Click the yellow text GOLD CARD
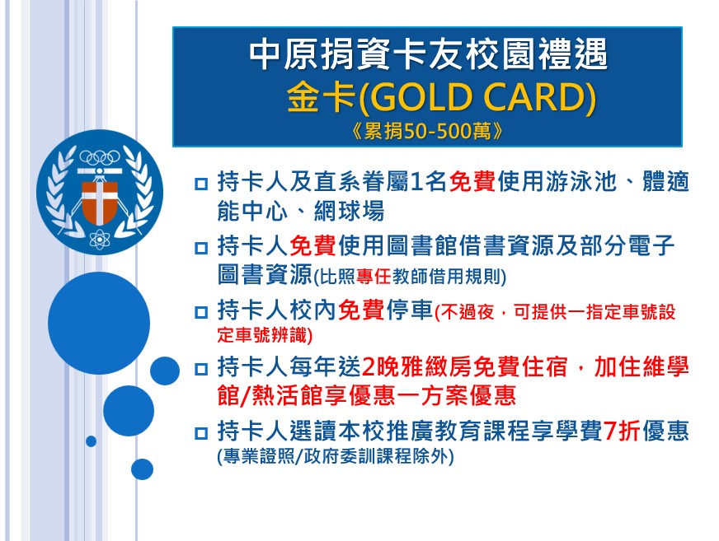click(x=477, y=97)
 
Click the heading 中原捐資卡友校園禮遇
click(x=428, y=54)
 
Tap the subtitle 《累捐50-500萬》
click(x=428, y=132)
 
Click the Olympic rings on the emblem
click(x=100, y=157)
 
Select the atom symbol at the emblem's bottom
click(x=100, y=239)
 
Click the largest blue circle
click(x=99, y=323)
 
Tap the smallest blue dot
click(x=91, y=441)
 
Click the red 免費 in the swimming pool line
click(x=472, y=181)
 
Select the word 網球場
click(x=349, y=211)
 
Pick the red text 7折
click(x=622, y=431)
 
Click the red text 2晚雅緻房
click(x=417, y=367)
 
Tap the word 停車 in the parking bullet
click(x=410, y=310)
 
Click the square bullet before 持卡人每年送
click(x=201, y=369)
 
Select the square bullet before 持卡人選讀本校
click(x=201, y=433)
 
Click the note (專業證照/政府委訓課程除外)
click(x=336, y=456)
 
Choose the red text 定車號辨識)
click(x=265, y=335)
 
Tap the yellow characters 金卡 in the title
click(x=322, y=97)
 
